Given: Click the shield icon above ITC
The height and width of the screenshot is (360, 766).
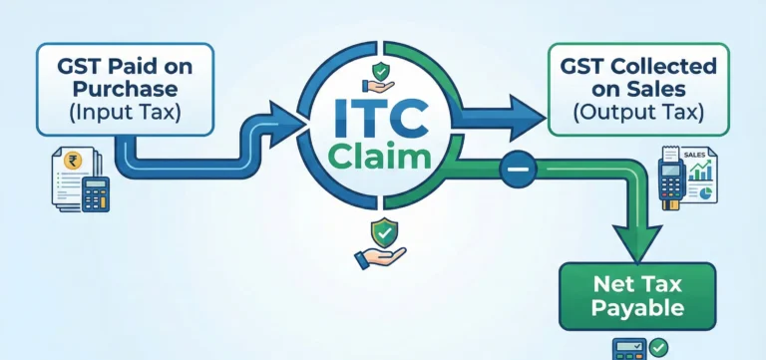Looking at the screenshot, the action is click(x=382, y=72).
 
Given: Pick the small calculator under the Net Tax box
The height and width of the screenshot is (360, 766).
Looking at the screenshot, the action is click(x=630, y=348).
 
